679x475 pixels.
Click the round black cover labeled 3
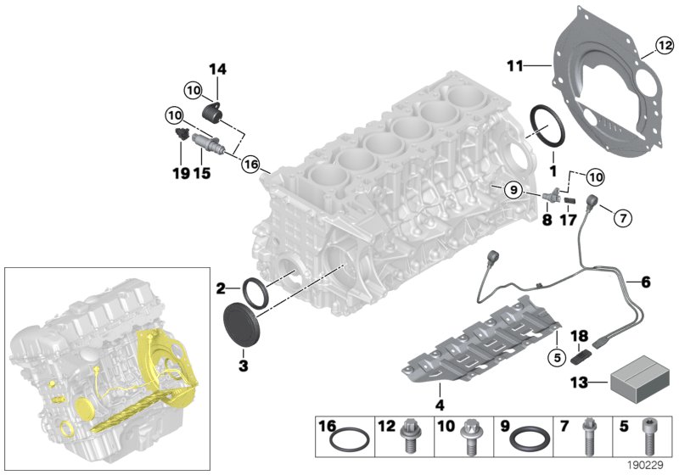pyautogui.click(x=244, y=325)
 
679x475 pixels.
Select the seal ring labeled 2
pyautogui.click(x=256, y=290)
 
